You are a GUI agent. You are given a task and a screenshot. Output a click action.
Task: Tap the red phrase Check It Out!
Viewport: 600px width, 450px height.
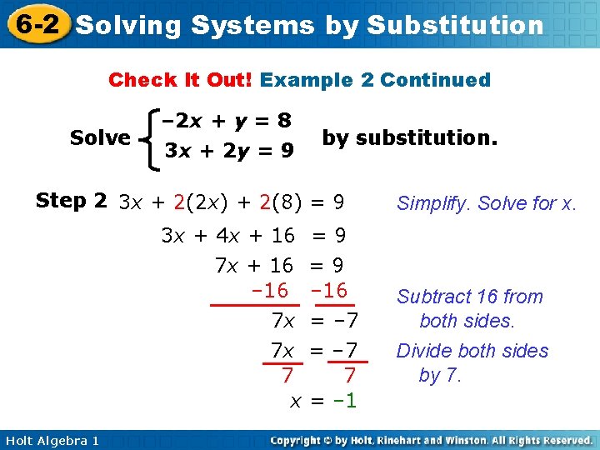tap(181, 81)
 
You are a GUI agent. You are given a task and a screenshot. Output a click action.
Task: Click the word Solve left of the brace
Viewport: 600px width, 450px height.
tap(100, 137)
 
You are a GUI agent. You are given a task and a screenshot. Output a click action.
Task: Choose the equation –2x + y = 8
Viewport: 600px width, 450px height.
tap(228, 122)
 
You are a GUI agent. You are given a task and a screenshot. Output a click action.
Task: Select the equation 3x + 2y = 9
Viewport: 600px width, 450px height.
tap(228, 152)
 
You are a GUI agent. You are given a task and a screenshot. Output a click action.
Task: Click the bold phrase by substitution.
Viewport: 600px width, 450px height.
tap(409, 137)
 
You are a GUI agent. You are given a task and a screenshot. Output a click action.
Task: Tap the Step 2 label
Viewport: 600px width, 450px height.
tap(71, 201)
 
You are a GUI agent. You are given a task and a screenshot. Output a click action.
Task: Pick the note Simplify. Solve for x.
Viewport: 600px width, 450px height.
tap(487, 203)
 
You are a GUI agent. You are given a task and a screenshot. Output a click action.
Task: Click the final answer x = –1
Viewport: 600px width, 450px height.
tap(322, 401)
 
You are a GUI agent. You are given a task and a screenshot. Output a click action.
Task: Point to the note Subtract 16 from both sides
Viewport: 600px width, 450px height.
tap(469, 308)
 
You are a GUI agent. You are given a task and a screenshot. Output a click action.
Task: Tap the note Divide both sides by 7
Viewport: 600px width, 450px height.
tap(472, 363)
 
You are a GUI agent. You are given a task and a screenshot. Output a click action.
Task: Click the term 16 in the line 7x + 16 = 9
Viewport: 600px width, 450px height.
tap(282, 266)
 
